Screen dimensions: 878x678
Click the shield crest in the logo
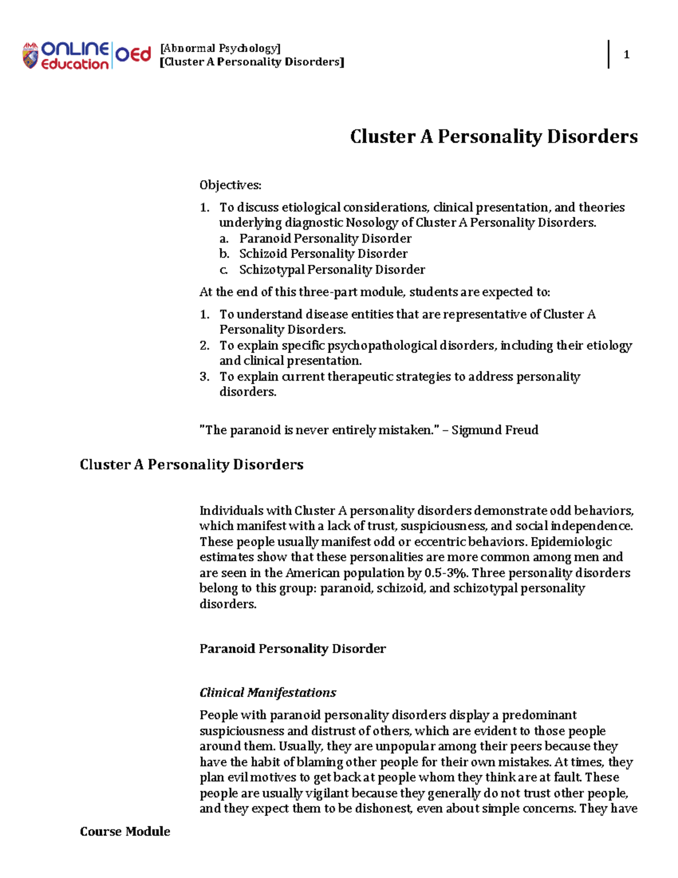point(30,55)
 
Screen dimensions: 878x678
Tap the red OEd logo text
point(133,55)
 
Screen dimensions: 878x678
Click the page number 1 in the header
point(626,54)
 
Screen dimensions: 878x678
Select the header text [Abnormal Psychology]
point(220,48)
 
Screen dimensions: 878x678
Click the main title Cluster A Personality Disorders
point(493,136)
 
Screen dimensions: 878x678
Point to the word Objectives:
point(230,185)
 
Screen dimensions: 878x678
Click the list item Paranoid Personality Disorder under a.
point(325,239)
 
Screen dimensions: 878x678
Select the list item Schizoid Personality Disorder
point(323,254)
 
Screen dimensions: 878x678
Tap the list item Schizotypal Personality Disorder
point(332,270)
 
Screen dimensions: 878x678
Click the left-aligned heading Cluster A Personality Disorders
point(192,465)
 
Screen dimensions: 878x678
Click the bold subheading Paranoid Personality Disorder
point(292,648)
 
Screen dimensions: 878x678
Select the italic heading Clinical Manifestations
point(267,693)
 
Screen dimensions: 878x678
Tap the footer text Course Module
point(125,831)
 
